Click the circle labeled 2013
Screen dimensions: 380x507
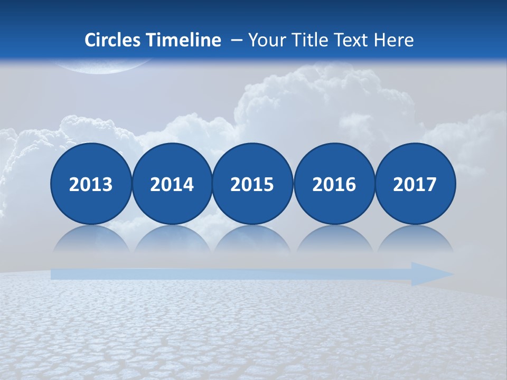pyautogui.click(x=91, y=184)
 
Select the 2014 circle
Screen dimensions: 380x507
pyautogui.click(x=172, y=184)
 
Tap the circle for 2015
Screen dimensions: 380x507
pyautogui.click(x=252, y=184)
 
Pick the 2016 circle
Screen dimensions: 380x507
pyautogui.click(x=334, y=184)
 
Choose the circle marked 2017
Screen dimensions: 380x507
pyautogui.click(x=415, y=184)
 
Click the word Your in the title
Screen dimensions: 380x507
pyautogui.click(x=266, y=40)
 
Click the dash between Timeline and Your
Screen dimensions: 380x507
pyautogui.click(x=236, y=41)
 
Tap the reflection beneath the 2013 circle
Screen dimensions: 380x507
pyautogui.click(x=91, y=239)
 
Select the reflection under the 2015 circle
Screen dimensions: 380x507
pyautogui.click(x=252, y=239)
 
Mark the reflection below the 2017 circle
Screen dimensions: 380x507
pyautogui.click(x=415, y=239)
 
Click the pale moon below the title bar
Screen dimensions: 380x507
pyautogui.click(x=100, y=65)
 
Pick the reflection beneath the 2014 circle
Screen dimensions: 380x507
pyautogui.click(x=172, y=239)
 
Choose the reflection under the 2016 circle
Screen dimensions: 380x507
pyautogui.click(x=334, y=239)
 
